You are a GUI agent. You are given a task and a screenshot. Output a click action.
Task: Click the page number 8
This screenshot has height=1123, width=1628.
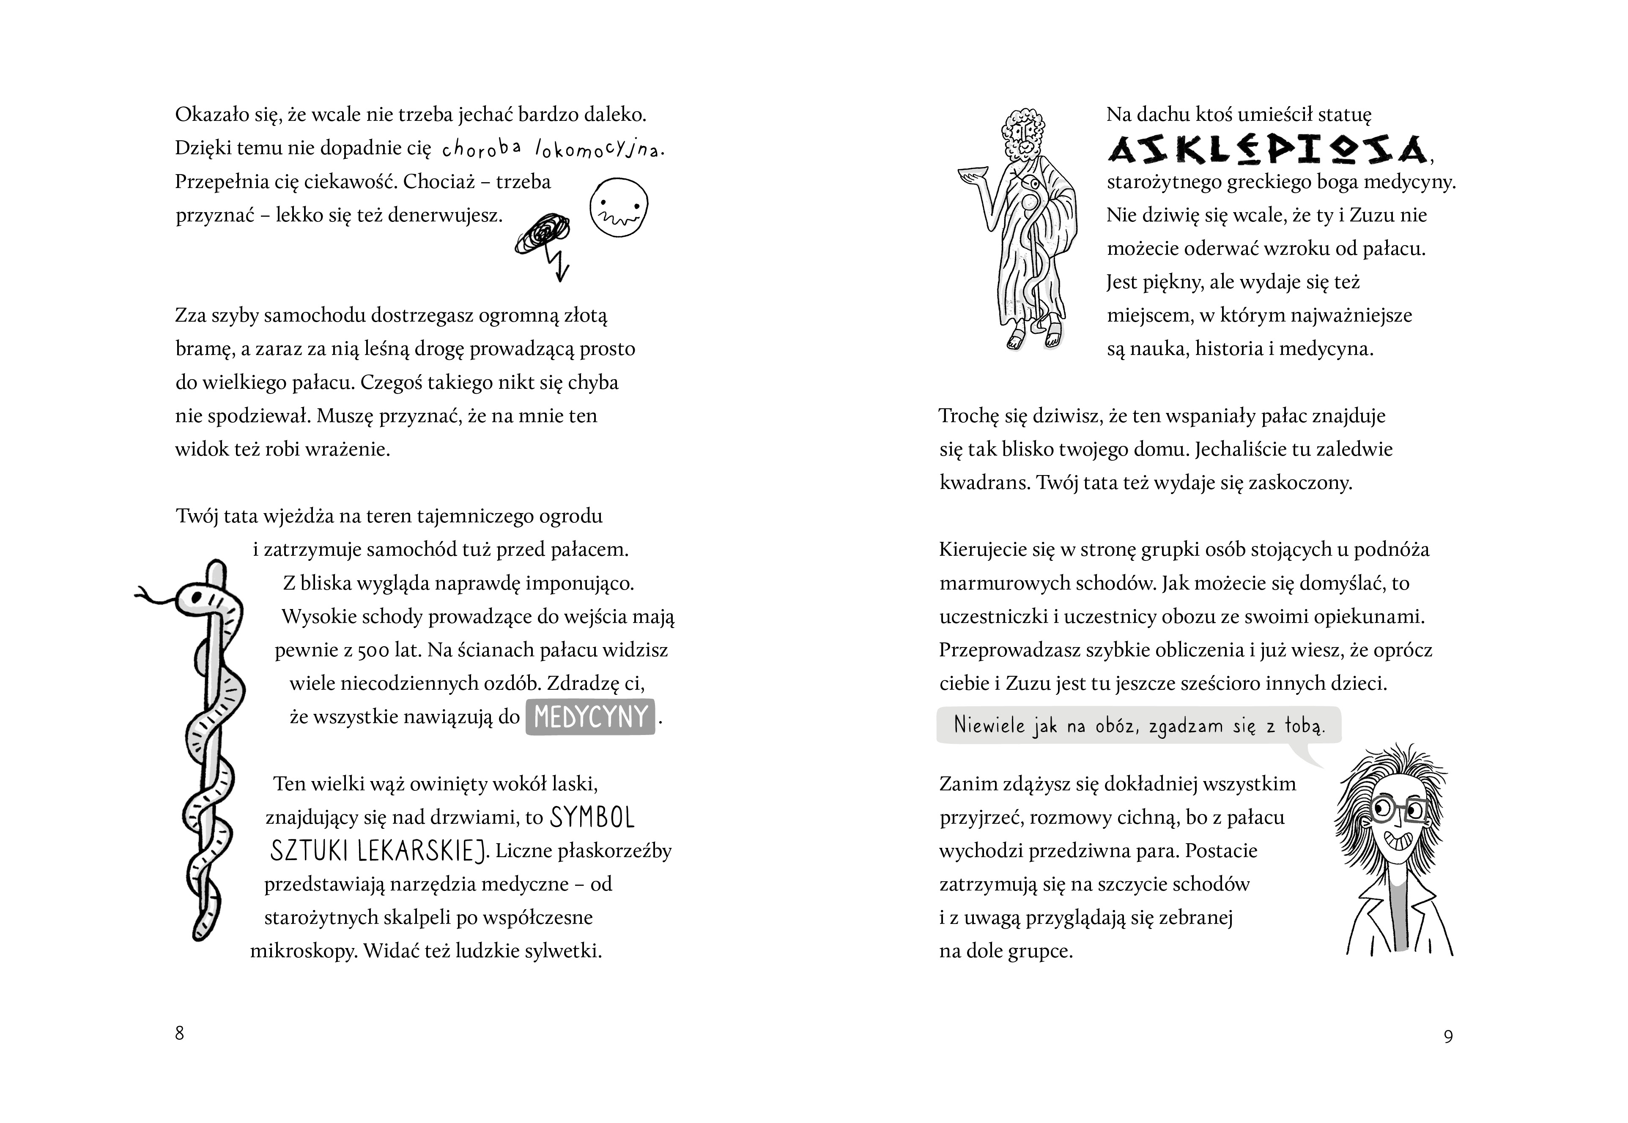coord(179,1033)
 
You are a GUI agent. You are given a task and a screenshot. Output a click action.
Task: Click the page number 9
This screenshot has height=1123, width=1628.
coord(1448,1036)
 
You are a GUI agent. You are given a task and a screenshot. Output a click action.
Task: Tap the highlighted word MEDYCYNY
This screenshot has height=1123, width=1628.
coord(591,717)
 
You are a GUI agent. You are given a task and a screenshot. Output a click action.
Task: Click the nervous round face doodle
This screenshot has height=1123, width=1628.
coord(619,206)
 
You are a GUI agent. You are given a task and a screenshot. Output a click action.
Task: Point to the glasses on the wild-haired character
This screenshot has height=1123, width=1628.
coord(1399,811)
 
